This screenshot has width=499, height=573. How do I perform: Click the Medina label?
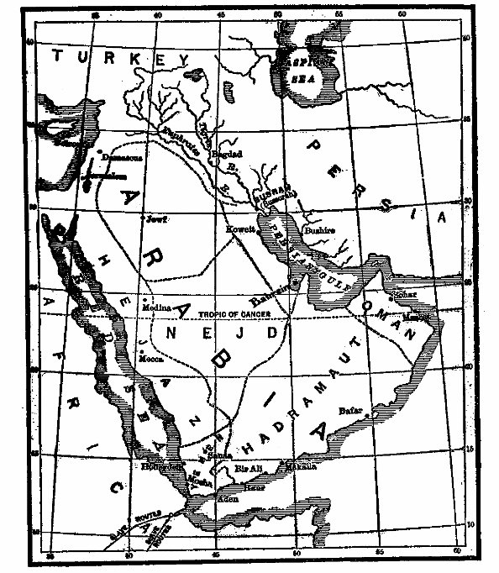tap(161, 308)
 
